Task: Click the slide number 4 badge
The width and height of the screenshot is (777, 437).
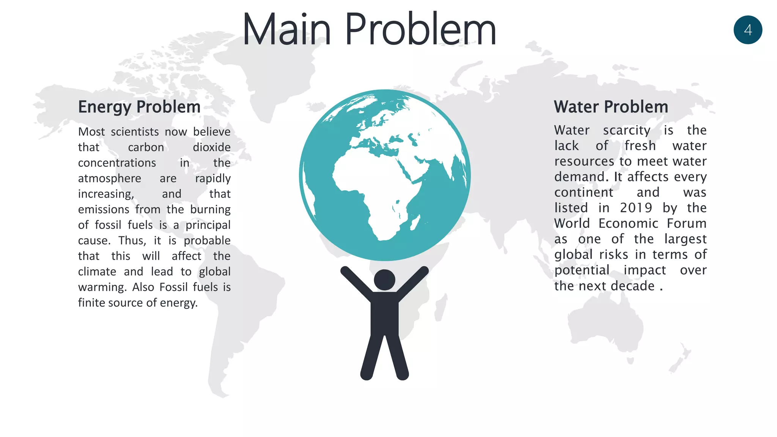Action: (x=747, y=30)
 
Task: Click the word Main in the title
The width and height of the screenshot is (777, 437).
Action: (x=286, y=30)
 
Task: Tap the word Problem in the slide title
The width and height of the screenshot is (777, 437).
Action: (x=420, y=30)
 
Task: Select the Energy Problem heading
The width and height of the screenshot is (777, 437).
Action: (x=139, y=107)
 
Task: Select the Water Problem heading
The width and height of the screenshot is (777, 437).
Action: (x=611, y=107)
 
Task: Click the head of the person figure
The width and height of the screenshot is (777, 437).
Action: (x=384, y=280)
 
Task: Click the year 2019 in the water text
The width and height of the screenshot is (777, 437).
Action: (x=636, y=208)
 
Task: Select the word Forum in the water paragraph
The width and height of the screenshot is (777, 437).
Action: (x=686, y=223)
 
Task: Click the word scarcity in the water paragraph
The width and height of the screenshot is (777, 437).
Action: (x=626, y=130)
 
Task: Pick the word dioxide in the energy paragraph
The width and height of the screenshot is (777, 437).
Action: (x=211, y=147)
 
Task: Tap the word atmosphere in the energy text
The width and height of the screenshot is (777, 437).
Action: (x=110, y=178)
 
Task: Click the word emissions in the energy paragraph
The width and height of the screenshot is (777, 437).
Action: (x=104, y=209)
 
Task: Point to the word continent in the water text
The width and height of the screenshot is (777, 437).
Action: (x=584, y=192)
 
